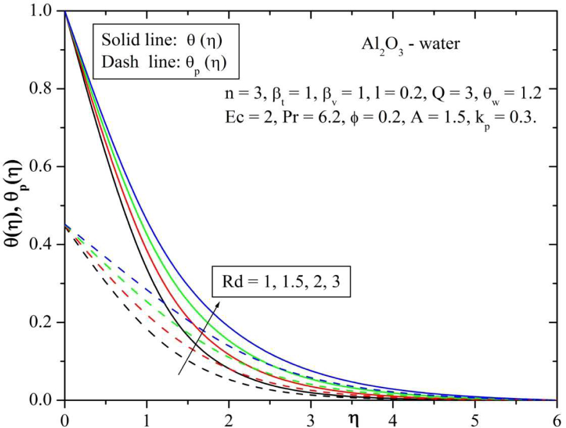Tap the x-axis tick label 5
pyautogui.click(x=474, y=418)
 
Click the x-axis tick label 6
pyautogui.click(x=556, y=418)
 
